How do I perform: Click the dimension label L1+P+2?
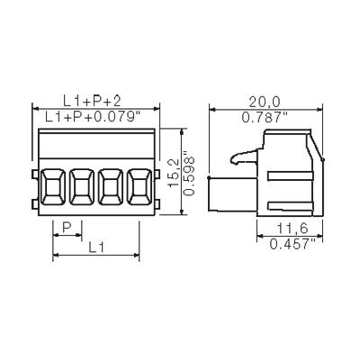(x=92, y=102)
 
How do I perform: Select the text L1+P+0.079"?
(x=94, y=117)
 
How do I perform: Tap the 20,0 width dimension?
(x=265, y=102)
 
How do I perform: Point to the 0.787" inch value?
(x=265, y=117)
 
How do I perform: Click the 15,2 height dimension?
(x=174, y=173)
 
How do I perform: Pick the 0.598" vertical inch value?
(x=189, y=173)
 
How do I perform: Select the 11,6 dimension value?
(x=292, y=229)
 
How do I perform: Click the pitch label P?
(x=67, y=228)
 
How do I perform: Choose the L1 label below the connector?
(x=96, y=247)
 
